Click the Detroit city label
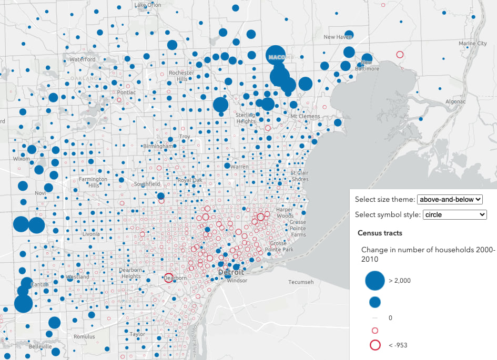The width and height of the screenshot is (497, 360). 231,272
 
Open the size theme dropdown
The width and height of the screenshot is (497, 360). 449,199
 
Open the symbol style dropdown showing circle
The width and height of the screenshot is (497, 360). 455,214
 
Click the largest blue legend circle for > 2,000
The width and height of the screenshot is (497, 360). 374,281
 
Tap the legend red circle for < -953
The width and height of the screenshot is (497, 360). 375,345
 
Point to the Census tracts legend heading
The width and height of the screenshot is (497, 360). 380,233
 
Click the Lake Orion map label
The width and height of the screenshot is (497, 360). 148,5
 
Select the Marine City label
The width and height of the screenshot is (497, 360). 472,43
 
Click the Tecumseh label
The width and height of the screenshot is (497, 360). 301,282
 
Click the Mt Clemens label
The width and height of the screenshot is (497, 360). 306,116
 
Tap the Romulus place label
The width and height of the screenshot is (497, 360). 85,336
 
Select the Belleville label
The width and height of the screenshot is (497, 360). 40,347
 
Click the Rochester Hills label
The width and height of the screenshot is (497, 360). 182,76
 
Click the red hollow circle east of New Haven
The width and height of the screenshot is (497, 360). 400,54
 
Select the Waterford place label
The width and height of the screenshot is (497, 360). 83,59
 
